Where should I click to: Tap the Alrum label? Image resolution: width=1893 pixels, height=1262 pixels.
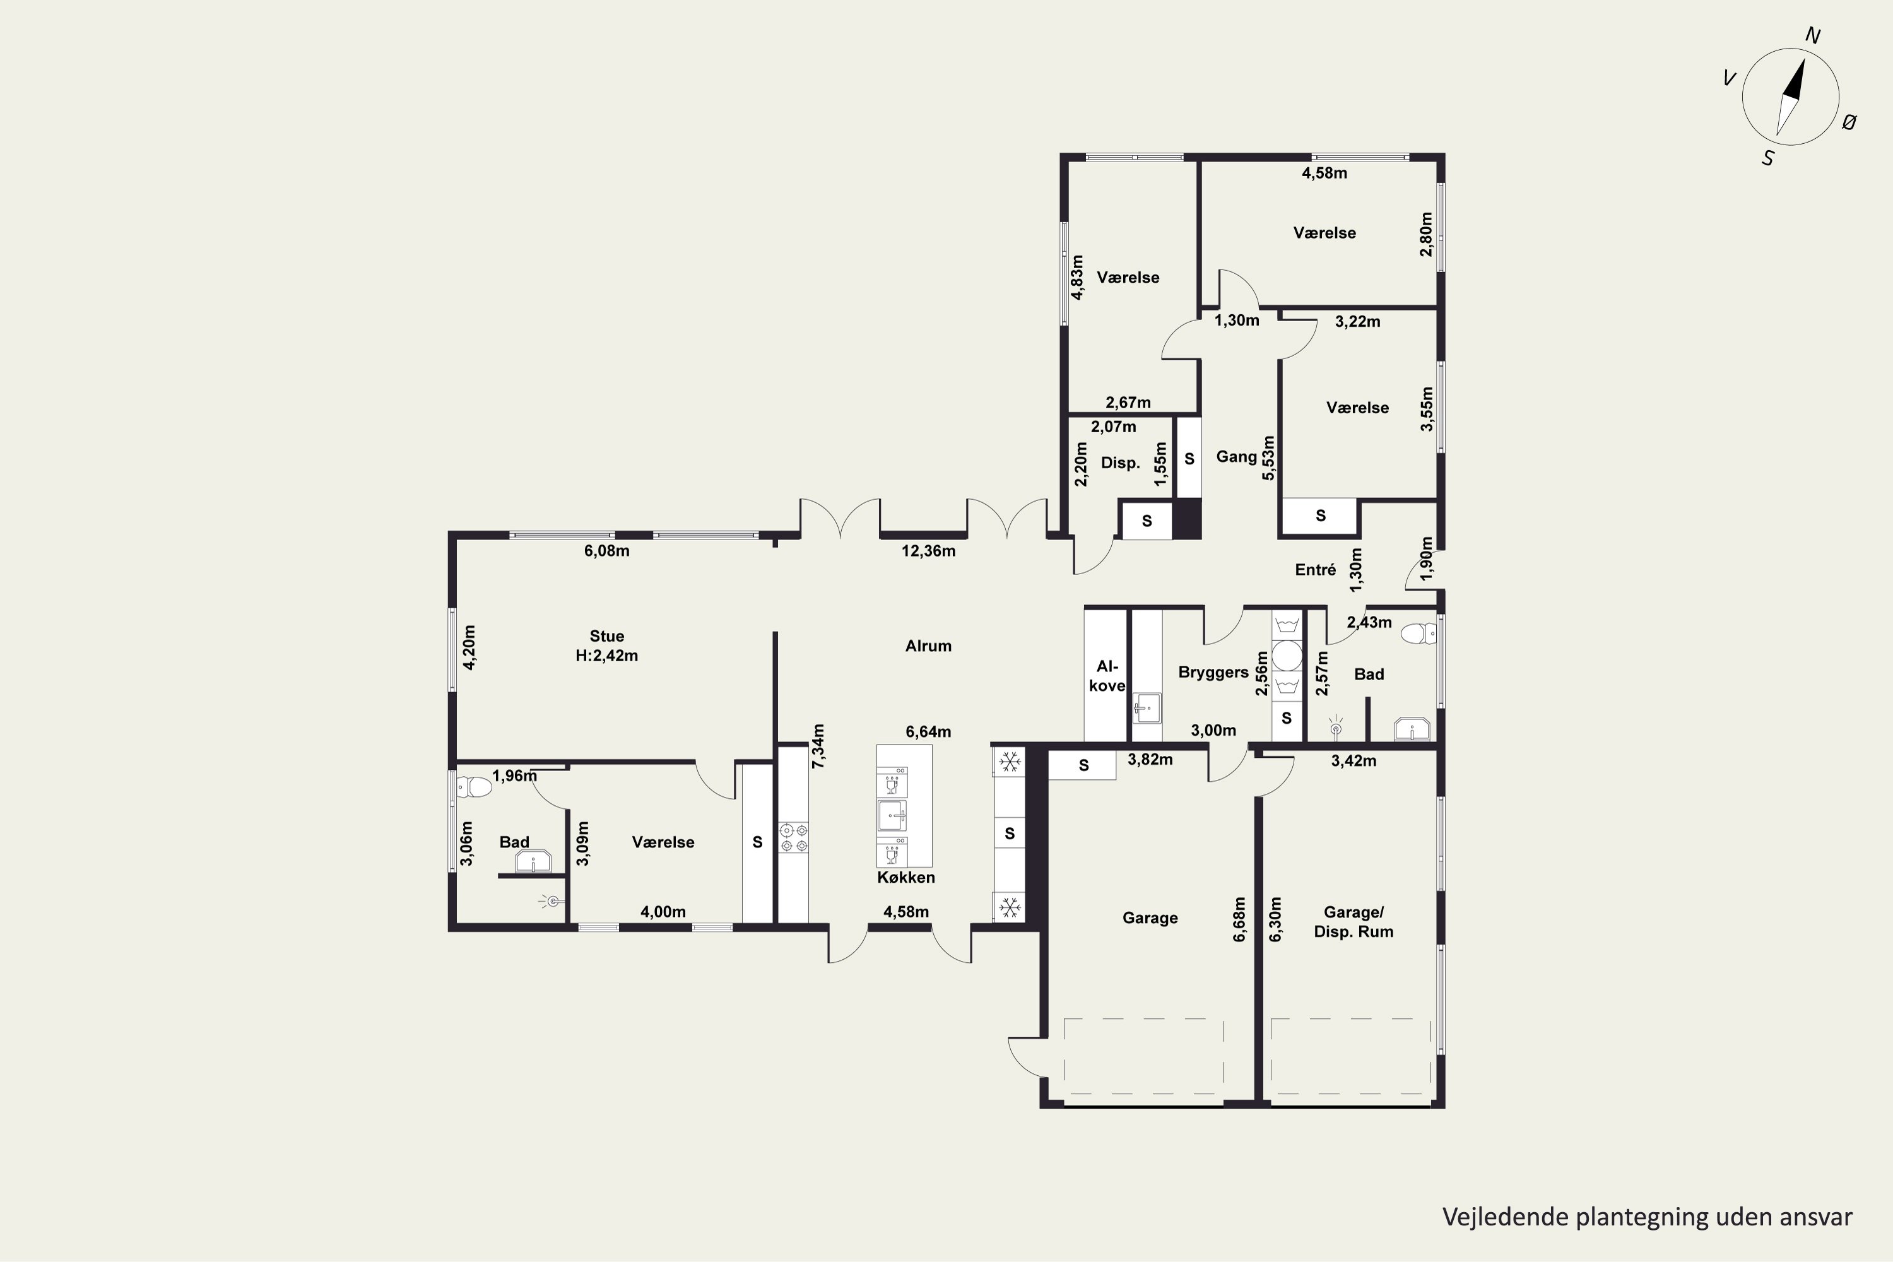click(928, 646)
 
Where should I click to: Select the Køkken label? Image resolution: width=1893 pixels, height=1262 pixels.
click(906, 877)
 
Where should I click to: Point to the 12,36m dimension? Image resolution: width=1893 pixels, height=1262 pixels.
click(928, 551)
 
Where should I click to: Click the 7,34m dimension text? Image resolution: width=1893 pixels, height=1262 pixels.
click(818, 746)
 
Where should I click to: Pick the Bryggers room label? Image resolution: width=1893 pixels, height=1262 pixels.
click(1213, 672)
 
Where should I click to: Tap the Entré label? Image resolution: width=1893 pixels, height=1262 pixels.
click(1315, 570)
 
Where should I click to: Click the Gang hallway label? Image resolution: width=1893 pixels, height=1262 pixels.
click(1236, 456)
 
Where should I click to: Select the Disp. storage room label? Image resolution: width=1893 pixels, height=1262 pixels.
click(1121, 463)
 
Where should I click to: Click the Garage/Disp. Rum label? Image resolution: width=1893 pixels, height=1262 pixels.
click(1353, 921)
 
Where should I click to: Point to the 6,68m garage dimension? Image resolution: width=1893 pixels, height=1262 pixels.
click(1239, 919)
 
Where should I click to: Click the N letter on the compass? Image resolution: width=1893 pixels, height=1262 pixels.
click(1812, 35)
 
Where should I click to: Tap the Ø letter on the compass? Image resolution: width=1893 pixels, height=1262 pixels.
click(1849, 122)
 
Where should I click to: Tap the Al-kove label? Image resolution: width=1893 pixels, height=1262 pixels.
click(1107, 676)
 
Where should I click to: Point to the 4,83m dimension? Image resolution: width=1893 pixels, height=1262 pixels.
click(1077, 277)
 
